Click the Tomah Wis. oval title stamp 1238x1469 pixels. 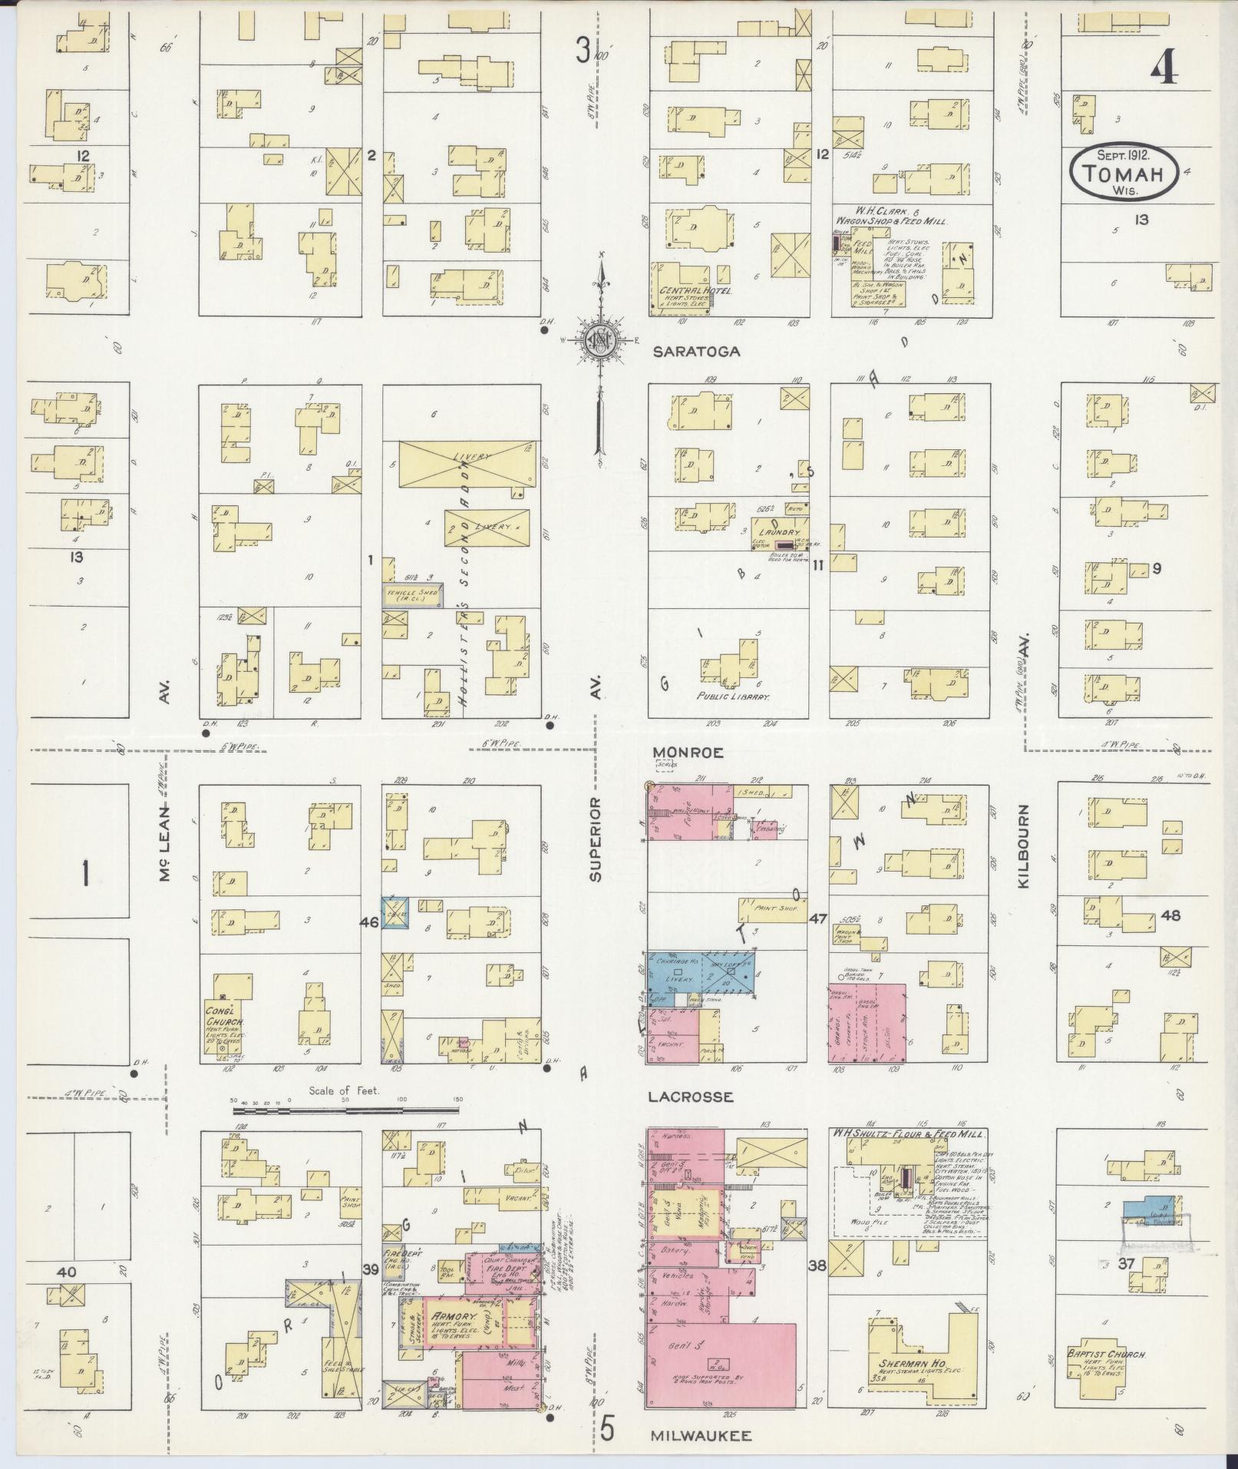pos(1123,174)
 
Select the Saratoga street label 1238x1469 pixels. pos(698,352)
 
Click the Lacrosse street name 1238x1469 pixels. pos(690,1097)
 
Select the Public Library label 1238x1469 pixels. pos(733,697)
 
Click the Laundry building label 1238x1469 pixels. pos(779,531)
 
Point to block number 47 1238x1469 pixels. pos(817,918)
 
